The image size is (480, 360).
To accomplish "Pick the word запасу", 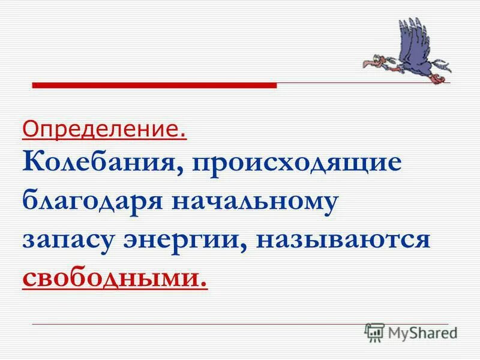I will pos(65,240).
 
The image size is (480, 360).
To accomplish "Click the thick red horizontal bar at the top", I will pos(154,86).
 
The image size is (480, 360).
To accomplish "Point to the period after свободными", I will pos(205,283).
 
